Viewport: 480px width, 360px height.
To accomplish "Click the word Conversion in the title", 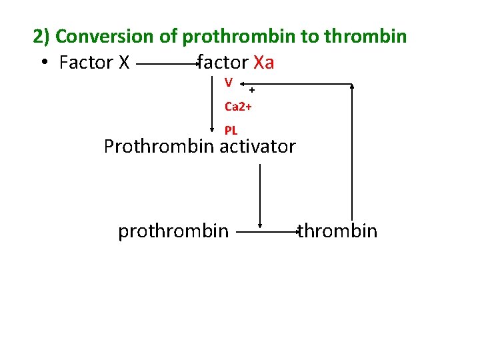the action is click(x=107, y=36).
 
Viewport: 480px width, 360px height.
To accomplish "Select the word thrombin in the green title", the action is click(x=365, y=36).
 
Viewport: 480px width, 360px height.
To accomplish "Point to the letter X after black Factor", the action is click(x=123, y=63).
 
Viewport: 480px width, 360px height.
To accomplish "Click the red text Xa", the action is click(x=264, y=63).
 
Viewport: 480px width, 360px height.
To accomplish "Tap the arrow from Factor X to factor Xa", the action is click(x=167, y=64).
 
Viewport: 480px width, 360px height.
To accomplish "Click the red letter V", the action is click(x=229, y=82).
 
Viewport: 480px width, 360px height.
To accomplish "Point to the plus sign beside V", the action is click(x=252, y=89).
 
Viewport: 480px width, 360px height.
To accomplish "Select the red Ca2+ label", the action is click(x=237, y=106).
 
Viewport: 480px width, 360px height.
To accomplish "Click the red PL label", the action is click(x=231, y=131).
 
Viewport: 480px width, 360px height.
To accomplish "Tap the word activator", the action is click(x=258, y=147).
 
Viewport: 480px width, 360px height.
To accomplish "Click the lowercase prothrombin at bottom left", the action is click(x=173, y=231).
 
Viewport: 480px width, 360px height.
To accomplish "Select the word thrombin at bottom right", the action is click(x=338, y=231).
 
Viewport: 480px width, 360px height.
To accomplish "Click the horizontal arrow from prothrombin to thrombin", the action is click(x=267, y=232).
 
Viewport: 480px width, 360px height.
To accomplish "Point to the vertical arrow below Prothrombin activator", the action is click(x=260, y=193).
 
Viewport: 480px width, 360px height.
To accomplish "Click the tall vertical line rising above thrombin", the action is click(x=352, y=153).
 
